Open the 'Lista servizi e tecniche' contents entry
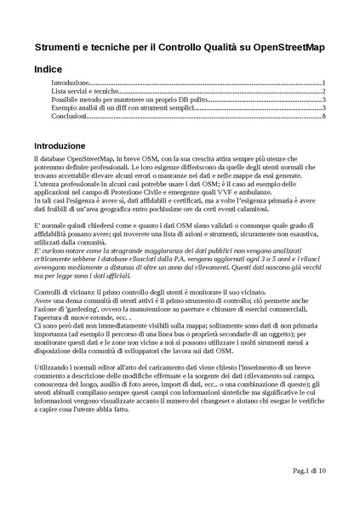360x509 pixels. [84, 91]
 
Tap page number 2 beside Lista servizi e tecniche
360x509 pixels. [324, 91]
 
